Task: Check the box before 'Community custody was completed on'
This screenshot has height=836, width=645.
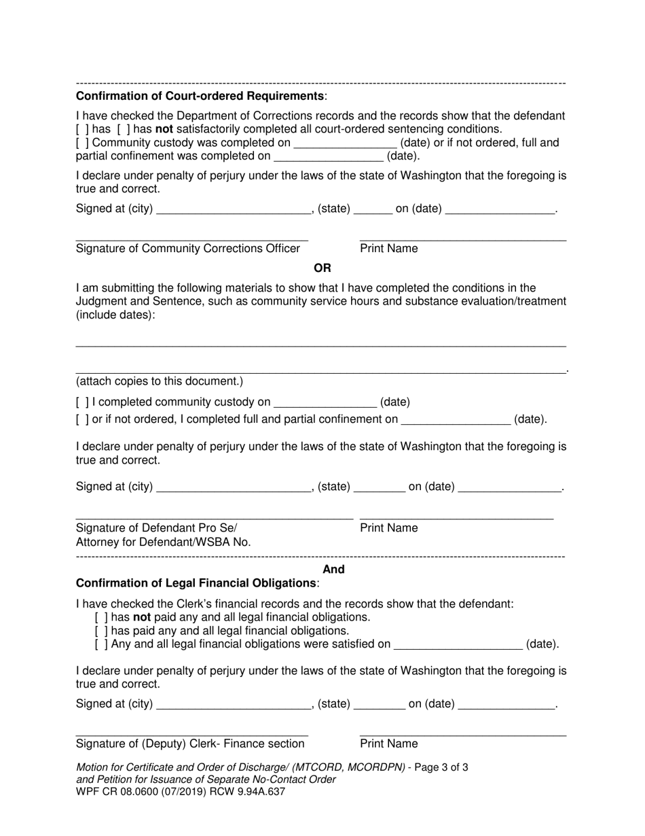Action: coord(82,143)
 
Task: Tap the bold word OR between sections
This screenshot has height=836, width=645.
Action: coord(322,268)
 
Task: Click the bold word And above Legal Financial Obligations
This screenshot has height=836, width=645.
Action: coord(333,570)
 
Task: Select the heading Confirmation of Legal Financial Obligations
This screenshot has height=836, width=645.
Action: coord(196,583)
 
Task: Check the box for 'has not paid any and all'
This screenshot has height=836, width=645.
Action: coord(101,617)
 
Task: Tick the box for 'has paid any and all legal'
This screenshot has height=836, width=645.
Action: coord(101,631)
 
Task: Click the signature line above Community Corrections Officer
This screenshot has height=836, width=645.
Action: coord(191,239)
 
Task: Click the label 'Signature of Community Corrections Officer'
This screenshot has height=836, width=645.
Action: coord(188,249)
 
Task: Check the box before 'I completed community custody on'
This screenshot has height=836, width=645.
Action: coord(82,402)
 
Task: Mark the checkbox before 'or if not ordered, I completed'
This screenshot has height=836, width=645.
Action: coord(82,419)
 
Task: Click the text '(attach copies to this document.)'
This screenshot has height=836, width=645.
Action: coord(160,381)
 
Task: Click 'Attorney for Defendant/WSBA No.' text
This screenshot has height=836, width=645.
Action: coord(164,542)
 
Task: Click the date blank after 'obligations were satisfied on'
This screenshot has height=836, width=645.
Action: coord(458,644)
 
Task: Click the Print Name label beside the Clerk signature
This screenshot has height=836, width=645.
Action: coord(389,744)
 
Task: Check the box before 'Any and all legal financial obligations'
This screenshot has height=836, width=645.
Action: coord(101,644)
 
